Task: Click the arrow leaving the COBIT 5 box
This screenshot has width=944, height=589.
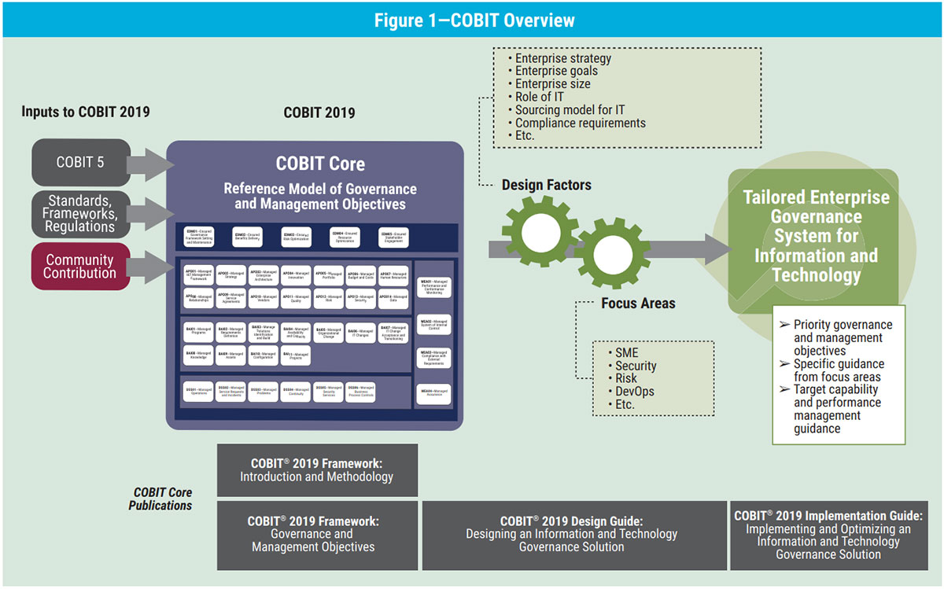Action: pos(152,164)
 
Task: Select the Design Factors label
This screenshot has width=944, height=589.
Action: pos(547,186)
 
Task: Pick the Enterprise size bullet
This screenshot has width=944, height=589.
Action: pos(552,84)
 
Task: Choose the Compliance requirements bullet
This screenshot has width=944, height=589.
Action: pos(580,123)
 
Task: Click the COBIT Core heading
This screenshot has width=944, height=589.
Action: pos(319,164)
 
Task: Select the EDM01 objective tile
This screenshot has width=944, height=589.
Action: pos(198,237)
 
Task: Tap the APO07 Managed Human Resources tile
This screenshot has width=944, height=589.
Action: pos(394,277)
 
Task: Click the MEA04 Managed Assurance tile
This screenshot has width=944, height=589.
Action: pos(434,392)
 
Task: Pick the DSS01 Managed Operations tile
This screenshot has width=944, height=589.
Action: pos(198,391)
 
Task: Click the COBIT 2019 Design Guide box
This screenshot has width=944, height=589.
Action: pos(572,534)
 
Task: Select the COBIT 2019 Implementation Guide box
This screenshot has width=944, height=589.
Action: pos(828,535)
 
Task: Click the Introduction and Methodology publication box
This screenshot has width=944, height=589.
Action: pos(317,470)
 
